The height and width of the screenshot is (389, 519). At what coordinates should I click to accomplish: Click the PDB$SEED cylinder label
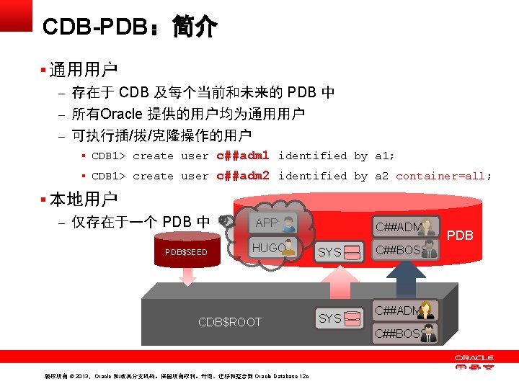[x=186, y=252]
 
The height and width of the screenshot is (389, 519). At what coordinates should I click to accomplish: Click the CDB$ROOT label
[x=230, y=322]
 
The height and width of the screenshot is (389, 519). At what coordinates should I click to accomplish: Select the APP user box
[x=275, y=223]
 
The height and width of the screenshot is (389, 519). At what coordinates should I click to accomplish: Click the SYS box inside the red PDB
[x=339, y=252]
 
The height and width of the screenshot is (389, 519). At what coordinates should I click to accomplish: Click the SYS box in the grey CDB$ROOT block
[x=339, y=318]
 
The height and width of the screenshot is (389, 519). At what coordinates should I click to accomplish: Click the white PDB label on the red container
[x=460, y=235]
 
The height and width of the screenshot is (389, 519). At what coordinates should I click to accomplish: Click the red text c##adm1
[x=242, y=156]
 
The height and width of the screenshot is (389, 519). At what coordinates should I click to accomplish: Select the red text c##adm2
[x=242, y=176]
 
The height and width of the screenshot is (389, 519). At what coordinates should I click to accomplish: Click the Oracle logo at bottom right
[x=474, y=362]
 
